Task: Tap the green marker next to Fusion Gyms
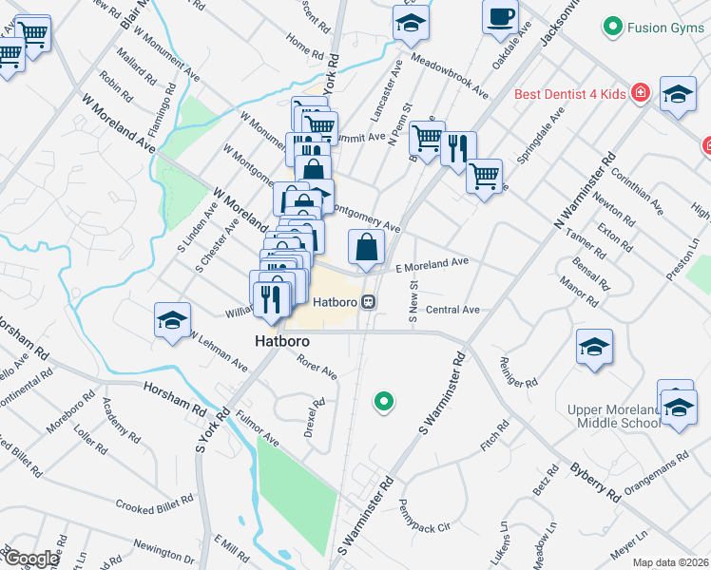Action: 613,27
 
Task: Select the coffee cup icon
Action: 500,16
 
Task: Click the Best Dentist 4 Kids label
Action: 570,94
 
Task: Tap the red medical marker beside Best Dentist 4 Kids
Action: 642,92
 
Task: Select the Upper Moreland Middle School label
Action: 612,416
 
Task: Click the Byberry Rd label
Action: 595,482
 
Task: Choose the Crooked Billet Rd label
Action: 155,503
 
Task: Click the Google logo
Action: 30,559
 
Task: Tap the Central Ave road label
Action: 452,310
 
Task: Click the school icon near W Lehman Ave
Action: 172,319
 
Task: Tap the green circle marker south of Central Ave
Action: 384,402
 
